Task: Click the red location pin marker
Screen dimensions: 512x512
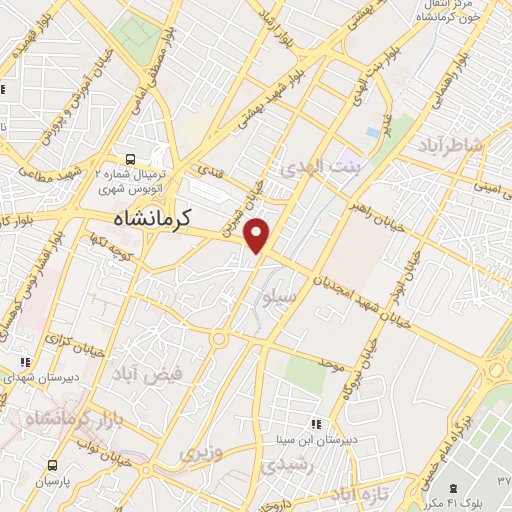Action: [x=257, y=235]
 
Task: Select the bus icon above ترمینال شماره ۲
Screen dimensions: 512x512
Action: [x=131, y=159]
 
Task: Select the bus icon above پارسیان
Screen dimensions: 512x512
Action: [x=51, y=464]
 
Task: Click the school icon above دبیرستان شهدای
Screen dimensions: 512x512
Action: [x=26, y=362]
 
